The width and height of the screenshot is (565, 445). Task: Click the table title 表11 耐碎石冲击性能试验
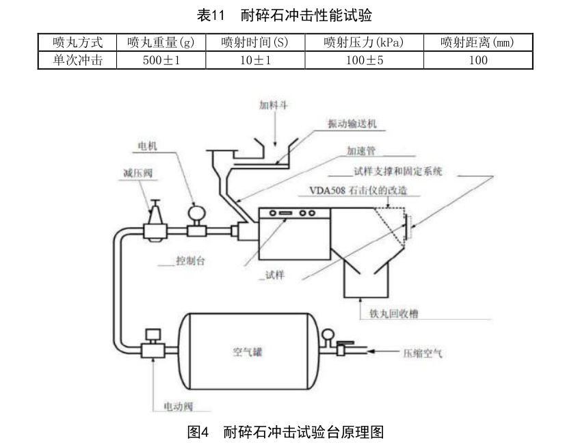(x=283, y=15)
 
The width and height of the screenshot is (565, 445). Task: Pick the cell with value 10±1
(x=254, y=60)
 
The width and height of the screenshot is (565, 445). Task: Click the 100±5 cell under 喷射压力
(x=363, y=60)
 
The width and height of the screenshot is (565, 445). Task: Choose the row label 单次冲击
(x=77, y=60)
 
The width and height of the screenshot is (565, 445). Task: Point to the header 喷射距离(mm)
(x=477, y=42)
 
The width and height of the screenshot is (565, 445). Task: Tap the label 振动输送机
(x=352, y=125)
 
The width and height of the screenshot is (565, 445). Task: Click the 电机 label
(x=148, y=146)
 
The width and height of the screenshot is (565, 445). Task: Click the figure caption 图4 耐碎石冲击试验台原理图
(x=283, y=432)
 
